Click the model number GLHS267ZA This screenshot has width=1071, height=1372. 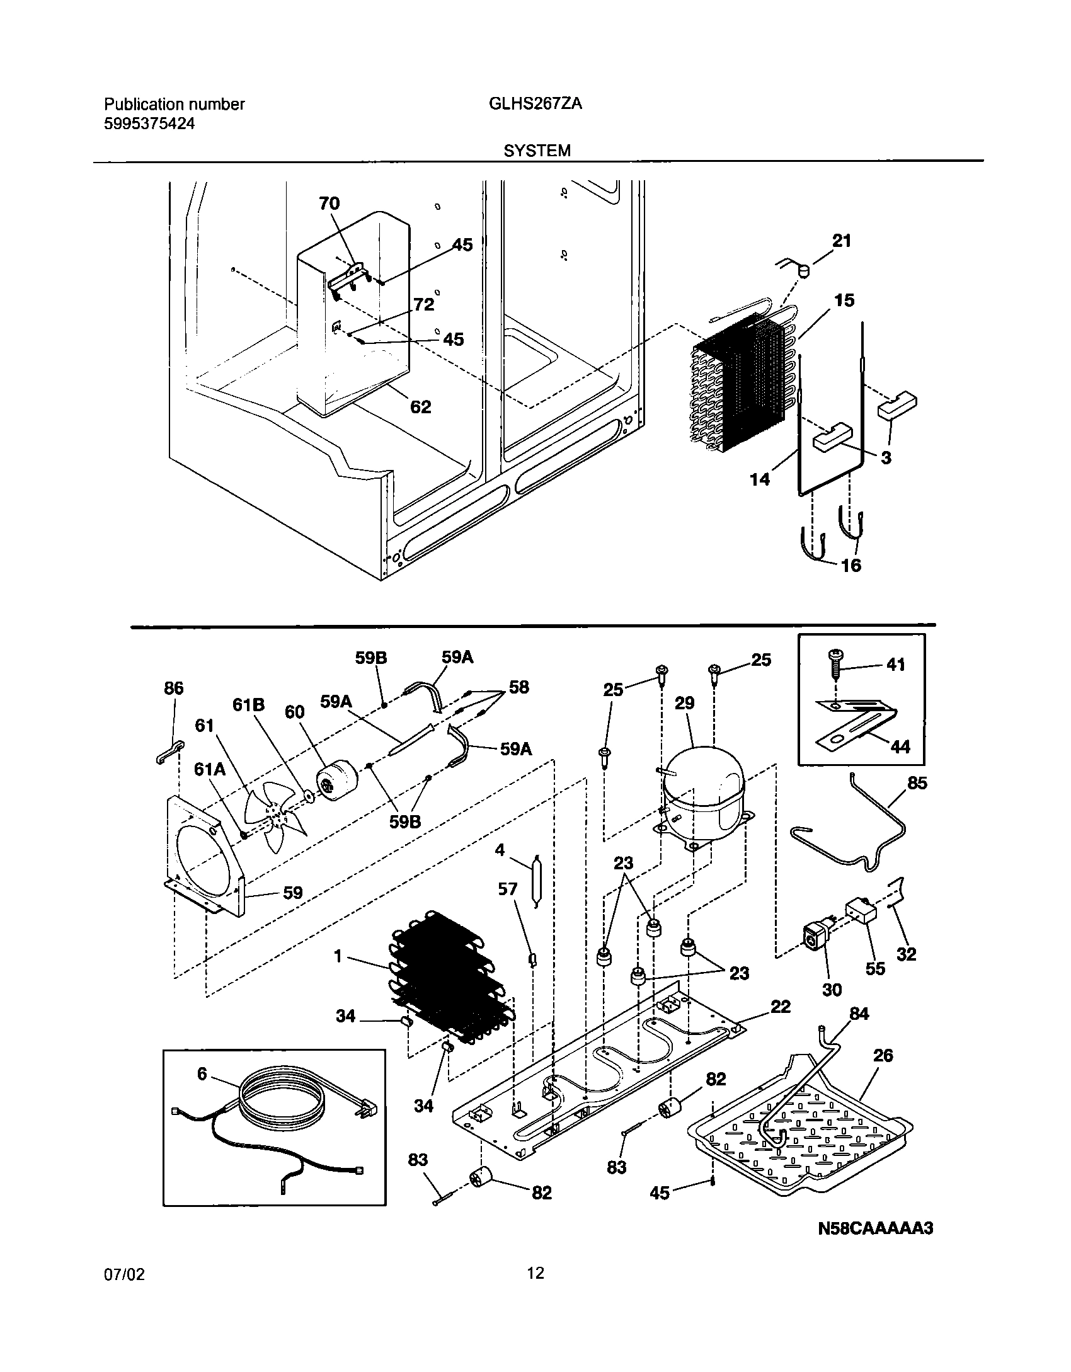pos(535,105)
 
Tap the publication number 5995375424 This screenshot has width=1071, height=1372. pos(149,124)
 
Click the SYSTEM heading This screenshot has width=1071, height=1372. pos(537,151)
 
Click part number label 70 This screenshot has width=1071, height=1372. pos(329,203)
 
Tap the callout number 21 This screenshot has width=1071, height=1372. pos(842,241)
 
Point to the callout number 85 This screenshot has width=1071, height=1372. pos(917,782)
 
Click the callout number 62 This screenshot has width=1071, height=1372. pos(420,407)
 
